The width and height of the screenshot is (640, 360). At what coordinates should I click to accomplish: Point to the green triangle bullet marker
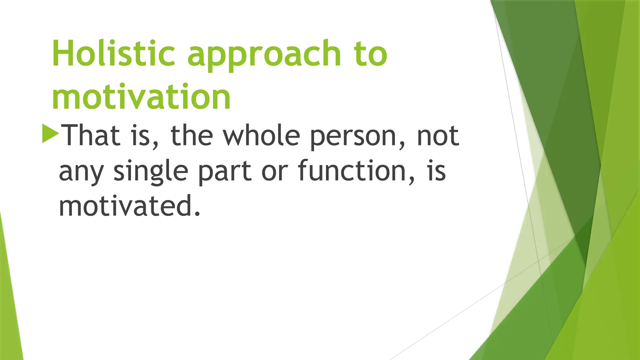50,133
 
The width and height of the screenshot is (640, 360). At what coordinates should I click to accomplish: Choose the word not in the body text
438,136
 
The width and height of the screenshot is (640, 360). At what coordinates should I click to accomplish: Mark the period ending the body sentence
197,214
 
